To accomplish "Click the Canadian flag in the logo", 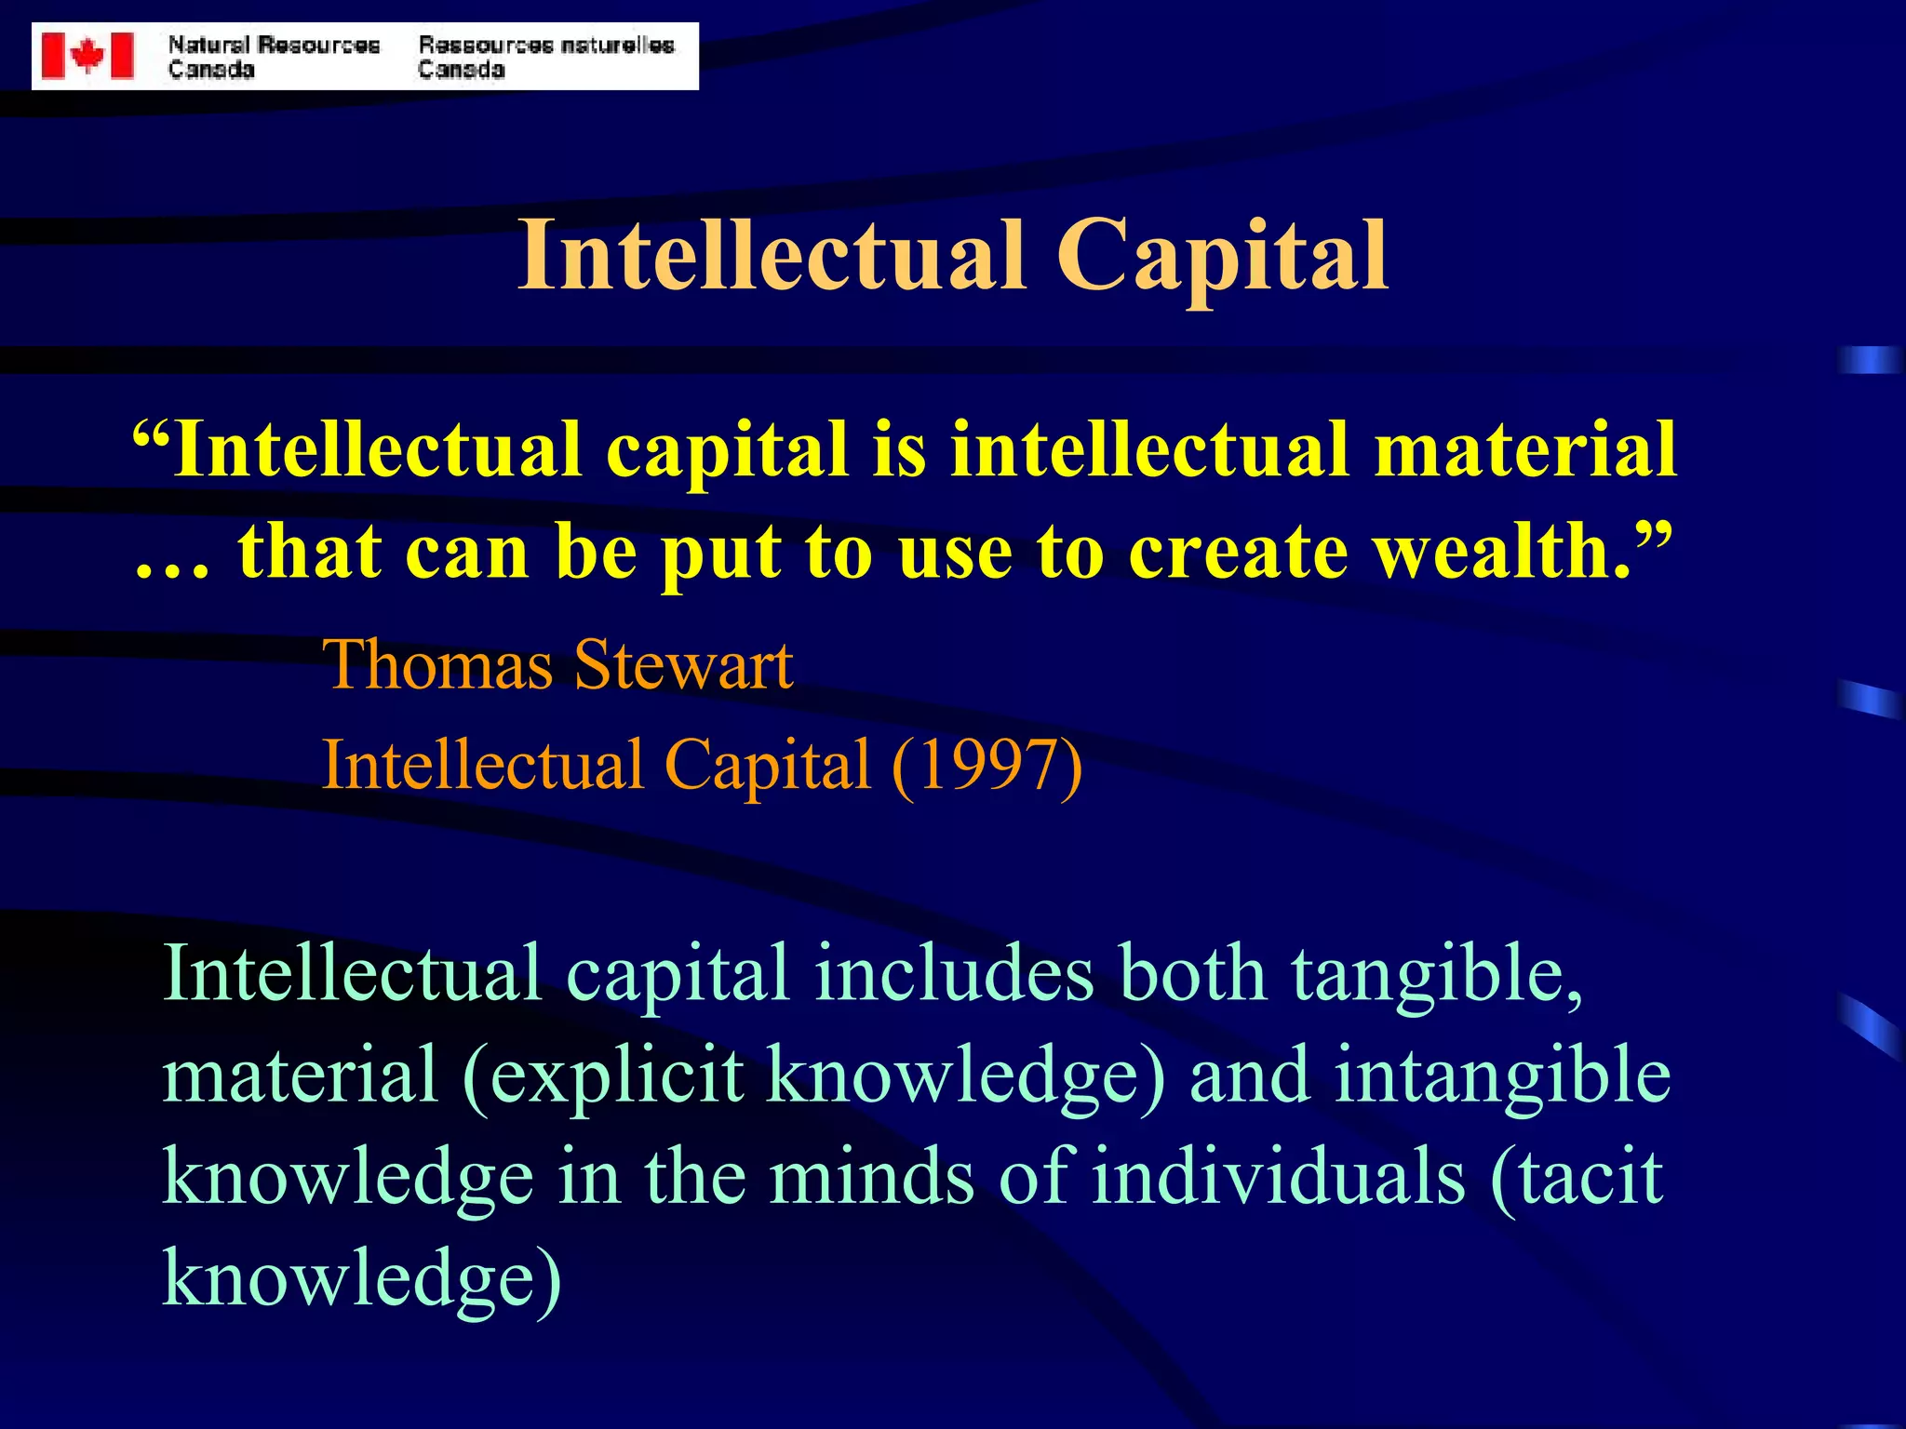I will tap(88, 56).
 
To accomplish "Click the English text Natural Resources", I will tap(274, 45).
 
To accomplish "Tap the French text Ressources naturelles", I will tap(546, 45).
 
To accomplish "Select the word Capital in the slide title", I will tap(1222, 256).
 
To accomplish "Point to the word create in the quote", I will tap(1238, 551).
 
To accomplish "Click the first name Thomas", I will tap(438, 665).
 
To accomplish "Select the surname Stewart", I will tap(683, 665).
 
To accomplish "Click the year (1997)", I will tap(987, 766).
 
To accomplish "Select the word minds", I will tap(871, 1177).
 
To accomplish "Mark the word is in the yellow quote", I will tap(899, 449).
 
